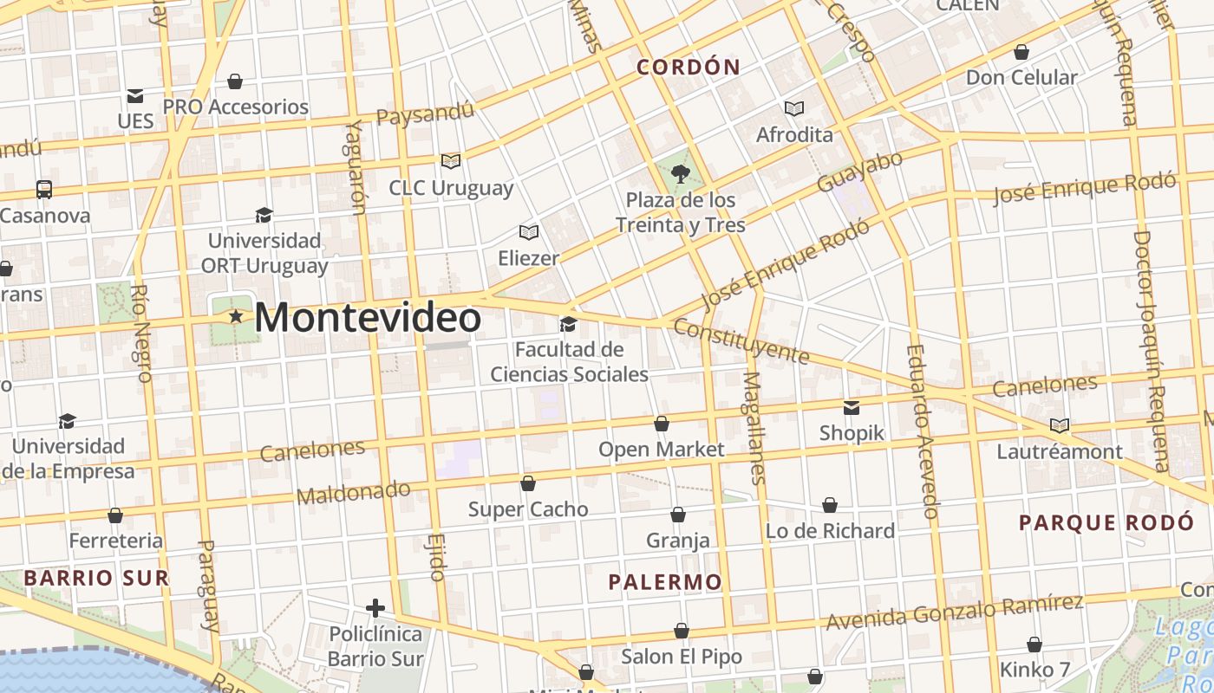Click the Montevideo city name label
pos(368,317)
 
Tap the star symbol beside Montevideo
pos(236,317)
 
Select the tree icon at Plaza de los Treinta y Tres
pos(681,173)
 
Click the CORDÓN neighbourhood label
pos(689,67)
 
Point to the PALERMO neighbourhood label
pos(665,582)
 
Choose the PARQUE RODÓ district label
pos(1106,522)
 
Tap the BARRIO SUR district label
pos(96,578)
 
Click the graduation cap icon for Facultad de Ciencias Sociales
pos(569,324)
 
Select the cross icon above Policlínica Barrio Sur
pos(375,608)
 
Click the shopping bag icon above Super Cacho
pos(528,483)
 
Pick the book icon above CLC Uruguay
pos(450,161)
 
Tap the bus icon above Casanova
pos(43,189)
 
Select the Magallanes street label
pos(755,427)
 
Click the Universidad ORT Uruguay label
pos(264,252)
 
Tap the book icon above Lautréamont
pos(1059,425)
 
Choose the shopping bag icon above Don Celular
pos(1021,52)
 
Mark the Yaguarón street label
pos(356,166)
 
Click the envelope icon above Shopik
pos(852,407)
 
